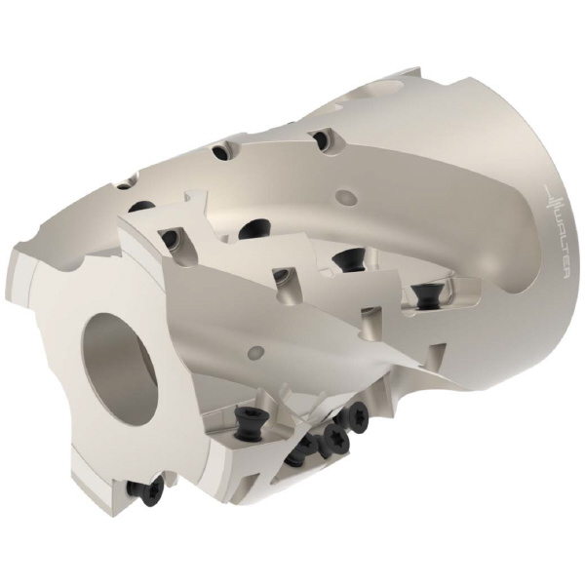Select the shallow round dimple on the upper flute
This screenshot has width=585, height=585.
click(346, 196)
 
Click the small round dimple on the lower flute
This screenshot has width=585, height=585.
click(256, 351)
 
